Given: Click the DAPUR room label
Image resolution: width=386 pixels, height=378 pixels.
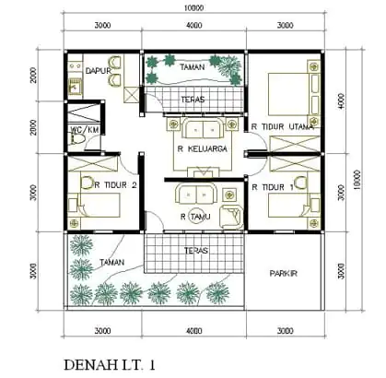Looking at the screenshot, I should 99,70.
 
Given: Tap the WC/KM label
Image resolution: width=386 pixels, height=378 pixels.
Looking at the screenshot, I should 85,131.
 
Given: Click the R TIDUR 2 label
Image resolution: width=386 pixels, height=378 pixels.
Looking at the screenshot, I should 116,184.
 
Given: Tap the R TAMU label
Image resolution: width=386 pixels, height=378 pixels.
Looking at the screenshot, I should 196,217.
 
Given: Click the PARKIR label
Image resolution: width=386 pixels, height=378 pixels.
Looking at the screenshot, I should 283,274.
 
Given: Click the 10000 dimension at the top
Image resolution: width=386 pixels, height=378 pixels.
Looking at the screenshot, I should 194,7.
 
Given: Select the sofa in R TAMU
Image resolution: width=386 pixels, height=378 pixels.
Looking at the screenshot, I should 194,194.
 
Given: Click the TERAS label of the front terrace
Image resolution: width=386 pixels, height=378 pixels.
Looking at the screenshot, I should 194,250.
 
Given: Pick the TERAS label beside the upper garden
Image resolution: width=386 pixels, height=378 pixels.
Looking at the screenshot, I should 193,98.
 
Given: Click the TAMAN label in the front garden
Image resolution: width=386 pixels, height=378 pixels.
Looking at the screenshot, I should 112,262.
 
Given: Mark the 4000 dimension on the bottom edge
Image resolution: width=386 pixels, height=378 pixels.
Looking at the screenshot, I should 194,330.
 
